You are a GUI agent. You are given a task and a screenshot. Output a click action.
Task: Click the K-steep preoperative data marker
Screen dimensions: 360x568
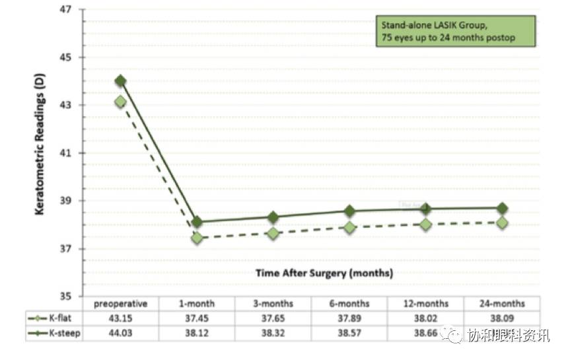coord(120,81)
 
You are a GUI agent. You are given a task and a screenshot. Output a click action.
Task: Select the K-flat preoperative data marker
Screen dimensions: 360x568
coord(120,102)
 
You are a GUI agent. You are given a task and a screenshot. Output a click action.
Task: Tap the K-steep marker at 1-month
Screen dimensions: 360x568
coord(197,222)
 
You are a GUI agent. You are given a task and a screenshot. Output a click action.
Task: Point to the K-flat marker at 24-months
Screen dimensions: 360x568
coord(502,223)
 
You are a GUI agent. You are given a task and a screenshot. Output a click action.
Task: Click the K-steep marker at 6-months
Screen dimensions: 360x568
coord(349,211)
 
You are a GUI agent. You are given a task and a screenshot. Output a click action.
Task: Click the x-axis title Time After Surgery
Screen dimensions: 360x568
coord(324,272)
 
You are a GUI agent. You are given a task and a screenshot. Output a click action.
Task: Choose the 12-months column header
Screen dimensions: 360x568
coord(426,304)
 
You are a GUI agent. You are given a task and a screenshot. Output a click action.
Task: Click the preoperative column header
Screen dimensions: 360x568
coord(120,304)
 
